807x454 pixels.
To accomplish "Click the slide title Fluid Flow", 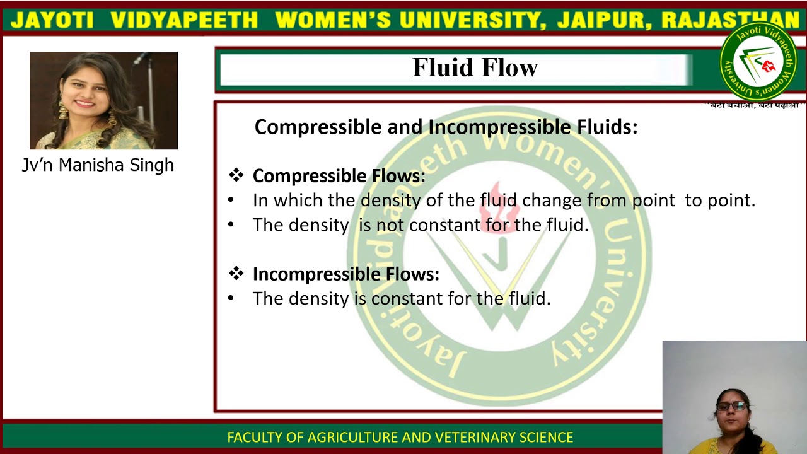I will (475, 68).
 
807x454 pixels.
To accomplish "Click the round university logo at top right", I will (758, 62).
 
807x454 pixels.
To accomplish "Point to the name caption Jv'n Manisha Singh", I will (98, 165).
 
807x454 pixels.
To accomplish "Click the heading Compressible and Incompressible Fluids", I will (446, 127).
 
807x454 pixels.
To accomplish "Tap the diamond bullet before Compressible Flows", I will (236, 175).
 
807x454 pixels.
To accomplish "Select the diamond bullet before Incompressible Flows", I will (236, 274).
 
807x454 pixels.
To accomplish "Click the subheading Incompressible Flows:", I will (345, 274).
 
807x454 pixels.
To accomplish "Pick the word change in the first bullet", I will (552, 201).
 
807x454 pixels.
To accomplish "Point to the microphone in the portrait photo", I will (142, 59).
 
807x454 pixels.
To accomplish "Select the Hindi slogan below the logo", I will (753, 105).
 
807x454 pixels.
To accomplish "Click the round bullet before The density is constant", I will (231, 298).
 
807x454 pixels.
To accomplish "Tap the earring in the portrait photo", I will (64, 111).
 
